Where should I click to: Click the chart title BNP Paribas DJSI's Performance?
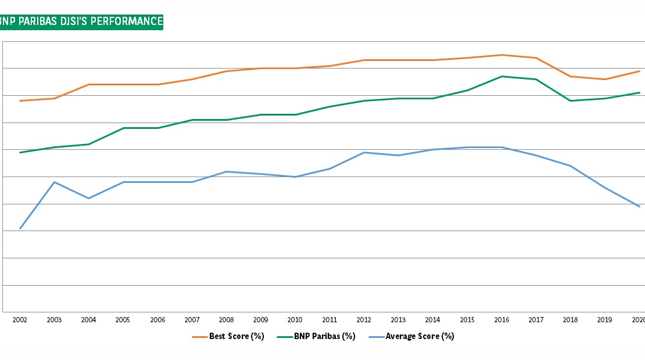coord(81,22)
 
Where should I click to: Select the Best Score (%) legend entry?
coord(228,336)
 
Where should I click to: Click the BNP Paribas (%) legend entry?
coord(316,336)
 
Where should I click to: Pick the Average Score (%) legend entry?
coord(411,336)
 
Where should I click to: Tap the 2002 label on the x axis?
coord(20,320)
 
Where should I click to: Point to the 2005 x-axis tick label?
coord(123,320)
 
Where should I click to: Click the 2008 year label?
coord(226,320)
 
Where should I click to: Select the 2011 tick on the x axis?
coord(329,320)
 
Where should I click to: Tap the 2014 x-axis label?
coord(432,320)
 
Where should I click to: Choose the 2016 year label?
coord(501,320)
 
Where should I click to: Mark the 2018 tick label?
coord(570,320)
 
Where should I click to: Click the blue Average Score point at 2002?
coord(20,228)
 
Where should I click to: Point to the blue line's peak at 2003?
coord(54,182)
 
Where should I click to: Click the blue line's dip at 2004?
coord(88,199)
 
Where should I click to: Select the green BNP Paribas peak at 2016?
coord(501,76)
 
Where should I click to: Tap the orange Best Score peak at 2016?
coord(501,55)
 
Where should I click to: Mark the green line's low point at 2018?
coord(570,101)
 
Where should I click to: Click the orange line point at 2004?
coord(88,85)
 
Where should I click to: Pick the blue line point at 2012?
coord(364,153)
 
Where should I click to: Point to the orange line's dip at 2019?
coord(604,80)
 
